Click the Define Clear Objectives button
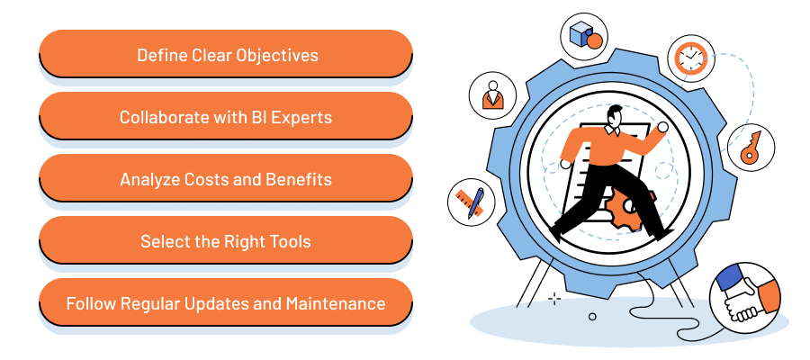[226, 55]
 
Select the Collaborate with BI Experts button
[226, 117]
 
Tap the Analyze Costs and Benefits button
[226, 179]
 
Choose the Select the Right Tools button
[226, 241]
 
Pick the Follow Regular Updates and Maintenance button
[226, 303]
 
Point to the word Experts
[302, 117]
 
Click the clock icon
[689, 58]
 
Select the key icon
[750, 148]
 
